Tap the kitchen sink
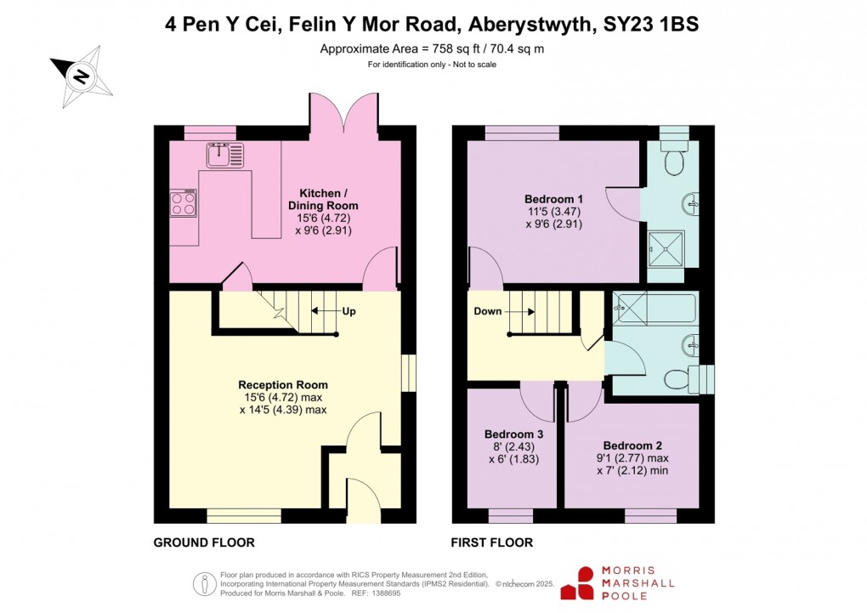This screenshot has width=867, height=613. pyautogui.click(x=224, y=156)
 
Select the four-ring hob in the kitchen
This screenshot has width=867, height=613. pyautogui.click(x=184, y=204)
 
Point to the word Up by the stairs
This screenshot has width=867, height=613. pyautogui.click(x=348, y=311)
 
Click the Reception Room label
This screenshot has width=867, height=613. pyautogui.click(x=283, y=385)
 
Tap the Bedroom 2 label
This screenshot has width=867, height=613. pyautogui.click(x=632, y=446)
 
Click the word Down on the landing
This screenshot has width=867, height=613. pyautogui.click(x=488, y=311)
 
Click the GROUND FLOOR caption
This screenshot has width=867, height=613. pyautogui.click(x=204, y=542)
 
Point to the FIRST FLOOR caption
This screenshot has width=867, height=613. pyautogui.click(x=492, y=542)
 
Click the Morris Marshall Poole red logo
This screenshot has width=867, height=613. pyautogui.click(x=584, y=583)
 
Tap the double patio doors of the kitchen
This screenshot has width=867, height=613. pyautogui.click(x=344, y=113)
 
